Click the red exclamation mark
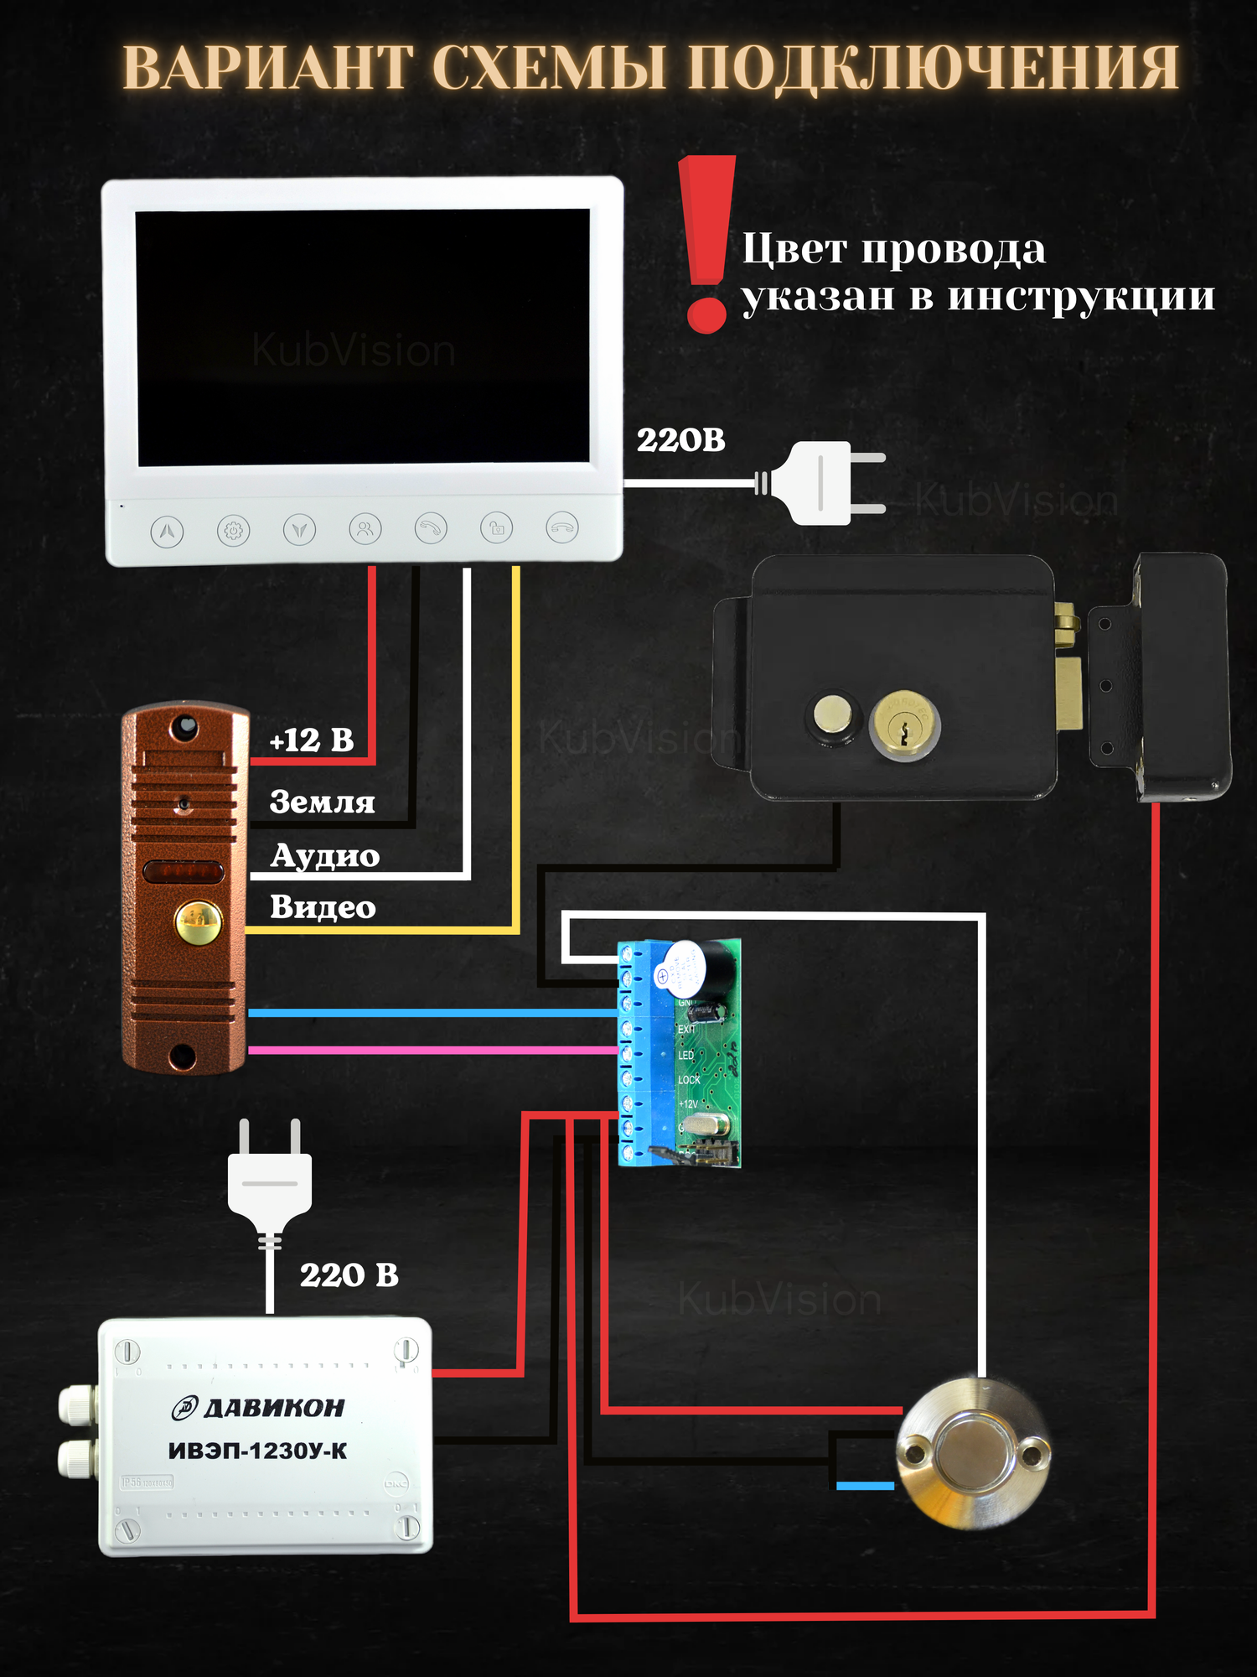click(706, 243)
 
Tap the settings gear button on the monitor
click(233, 531)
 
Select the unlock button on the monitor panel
click(496, 528)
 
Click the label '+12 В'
click(312, 740)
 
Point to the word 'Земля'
click(322, 802)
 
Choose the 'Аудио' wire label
click(325, 856)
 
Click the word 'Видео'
click(323, 907)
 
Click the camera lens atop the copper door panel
click(184, 726)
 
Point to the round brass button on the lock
click(833, 715)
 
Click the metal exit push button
click(973, 1453)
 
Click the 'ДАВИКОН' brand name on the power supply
click(273, 1408)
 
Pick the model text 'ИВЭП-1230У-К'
click(258, 1451)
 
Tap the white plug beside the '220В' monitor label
click(825, 483)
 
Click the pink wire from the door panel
click(432, 1050)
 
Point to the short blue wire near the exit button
click(865, 1486)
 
